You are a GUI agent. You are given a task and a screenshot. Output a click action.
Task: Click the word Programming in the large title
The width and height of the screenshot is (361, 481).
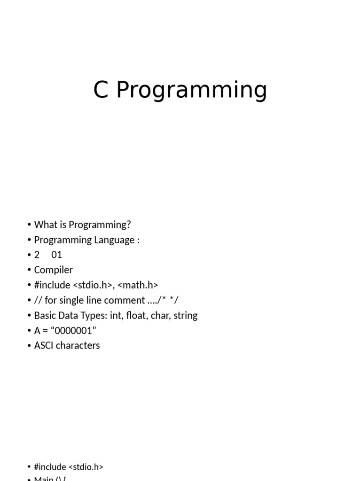(x=192, y=91)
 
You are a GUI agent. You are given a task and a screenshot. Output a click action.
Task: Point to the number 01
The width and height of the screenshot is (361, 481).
(x=57, y=255)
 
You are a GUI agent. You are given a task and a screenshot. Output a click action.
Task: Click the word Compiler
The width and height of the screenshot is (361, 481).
(x=54, y=270)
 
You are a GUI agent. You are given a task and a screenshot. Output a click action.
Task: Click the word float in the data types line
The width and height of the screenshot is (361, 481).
(x=138, y=316)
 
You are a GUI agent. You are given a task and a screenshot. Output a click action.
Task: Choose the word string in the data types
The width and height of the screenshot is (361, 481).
(x=185, y=316)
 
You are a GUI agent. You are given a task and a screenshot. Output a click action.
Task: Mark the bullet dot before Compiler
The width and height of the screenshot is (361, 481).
(x=29, y=270)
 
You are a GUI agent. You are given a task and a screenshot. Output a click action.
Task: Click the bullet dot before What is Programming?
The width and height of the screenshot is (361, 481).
(x=29, y=225)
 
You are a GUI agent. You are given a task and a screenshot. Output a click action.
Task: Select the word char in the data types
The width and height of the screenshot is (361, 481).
(x=162, y=316)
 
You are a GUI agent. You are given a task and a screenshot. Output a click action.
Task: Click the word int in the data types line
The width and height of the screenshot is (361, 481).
(x=117, y=316)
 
